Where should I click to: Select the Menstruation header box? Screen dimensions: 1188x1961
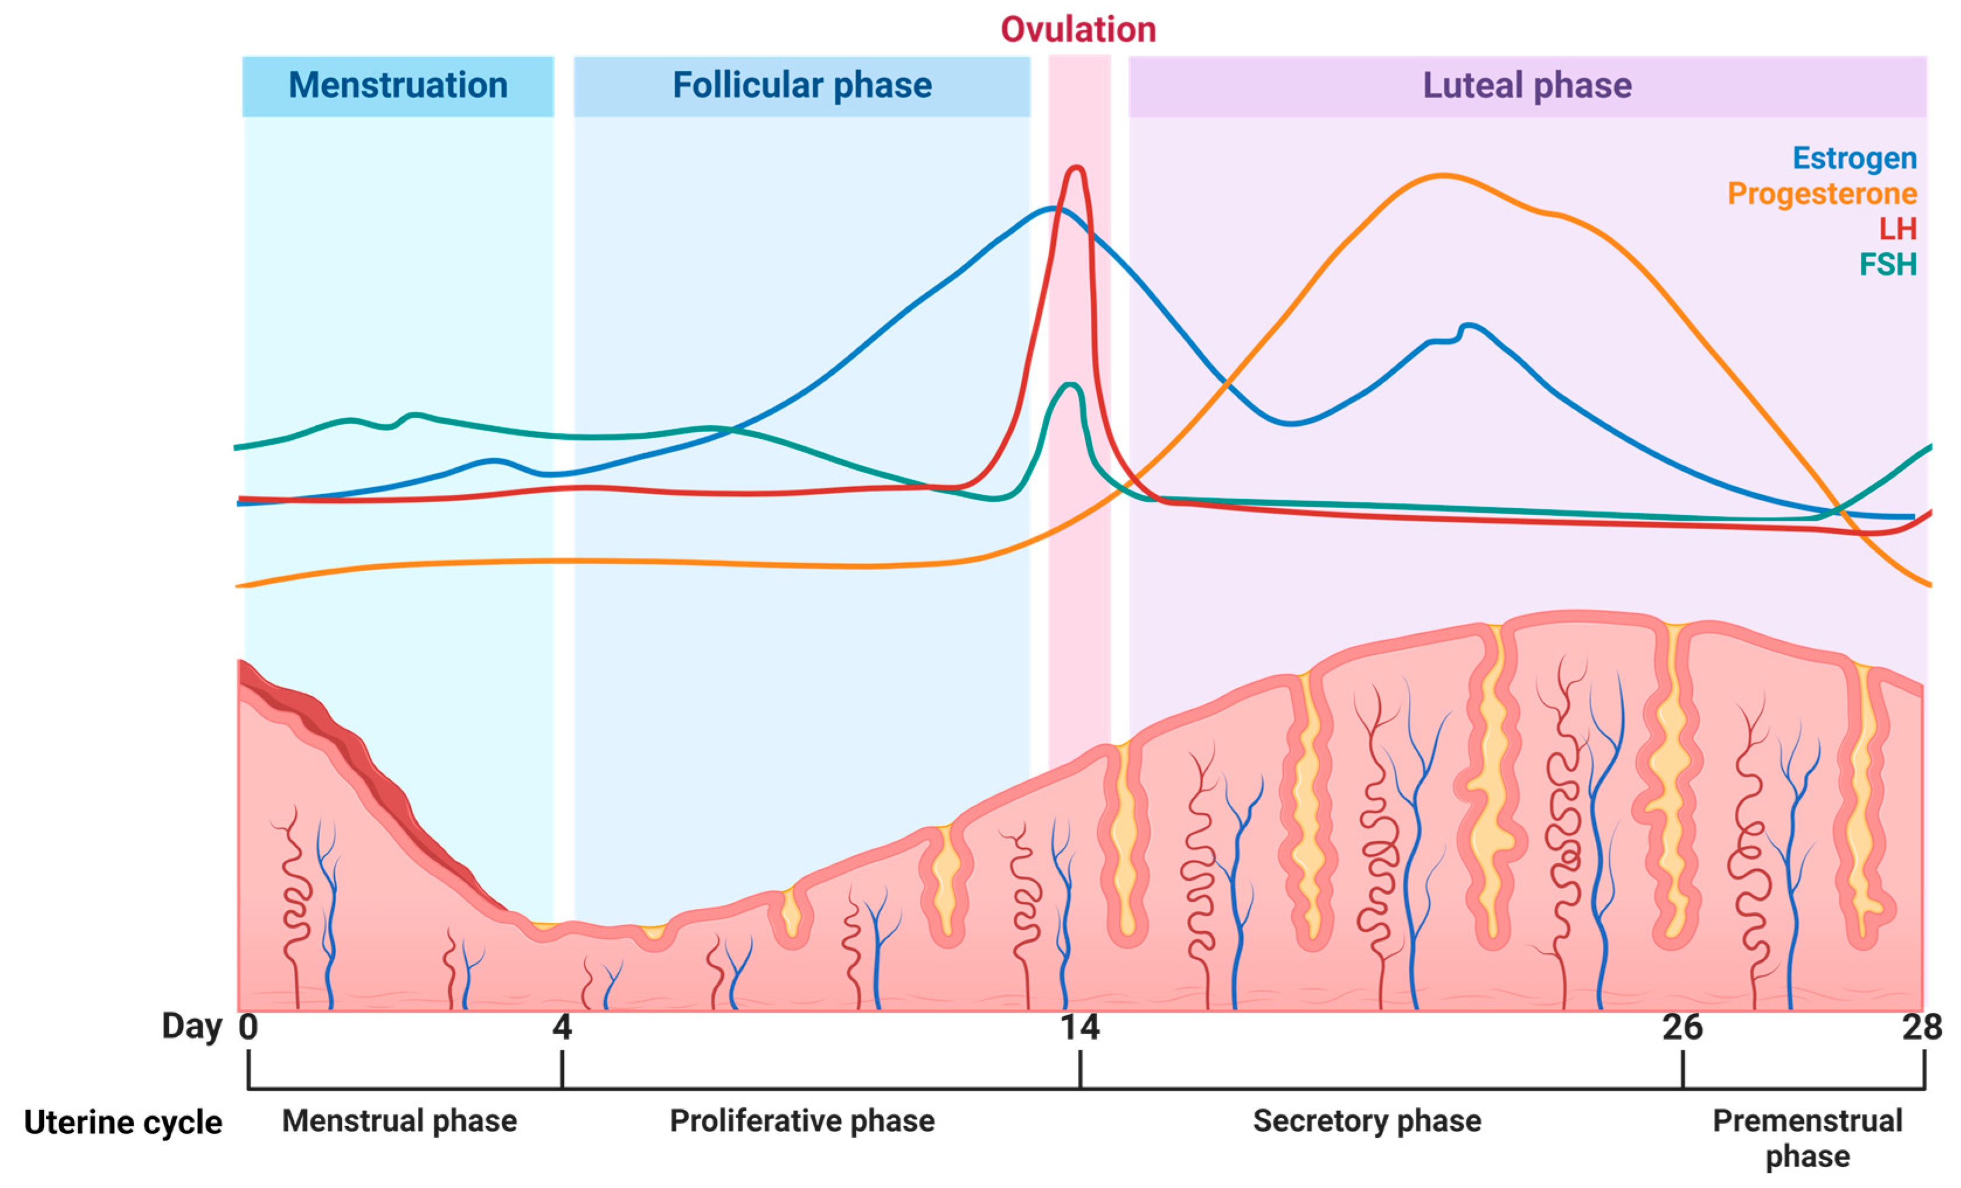(x=398, y=86)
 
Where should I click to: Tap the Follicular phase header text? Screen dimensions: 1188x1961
(x=802, y=86)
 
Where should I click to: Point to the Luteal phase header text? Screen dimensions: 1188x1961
(x=1526, y=86)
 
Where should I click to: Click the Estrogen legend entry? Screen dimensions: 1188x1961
(x=1853, y=158)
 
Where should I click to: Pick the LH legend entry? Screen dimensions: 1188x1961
(x=1897, y=229)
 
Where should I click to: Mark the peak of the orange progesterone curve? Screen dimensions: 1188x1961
(x=1442, y=175)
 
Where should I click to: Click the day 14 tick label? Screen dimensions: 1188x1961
(x=1079, y=1027)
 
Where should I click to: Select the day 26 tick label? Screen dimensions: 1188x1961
(x=1682, y=1027)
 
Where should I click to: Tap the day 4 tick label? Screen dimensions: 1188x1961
(x=562, y=1027)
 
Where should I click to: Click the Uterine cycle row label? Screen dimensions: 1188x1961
(x=123, y=1123)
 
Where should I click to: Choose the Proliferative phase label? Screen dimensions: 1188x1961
(x=802, y=1121)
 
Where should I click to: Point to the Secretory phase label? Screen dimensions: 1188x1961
(x=1367, y=1121)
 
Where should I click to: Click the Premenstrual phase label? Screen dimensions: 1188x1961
(x=1807, y=1138)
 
